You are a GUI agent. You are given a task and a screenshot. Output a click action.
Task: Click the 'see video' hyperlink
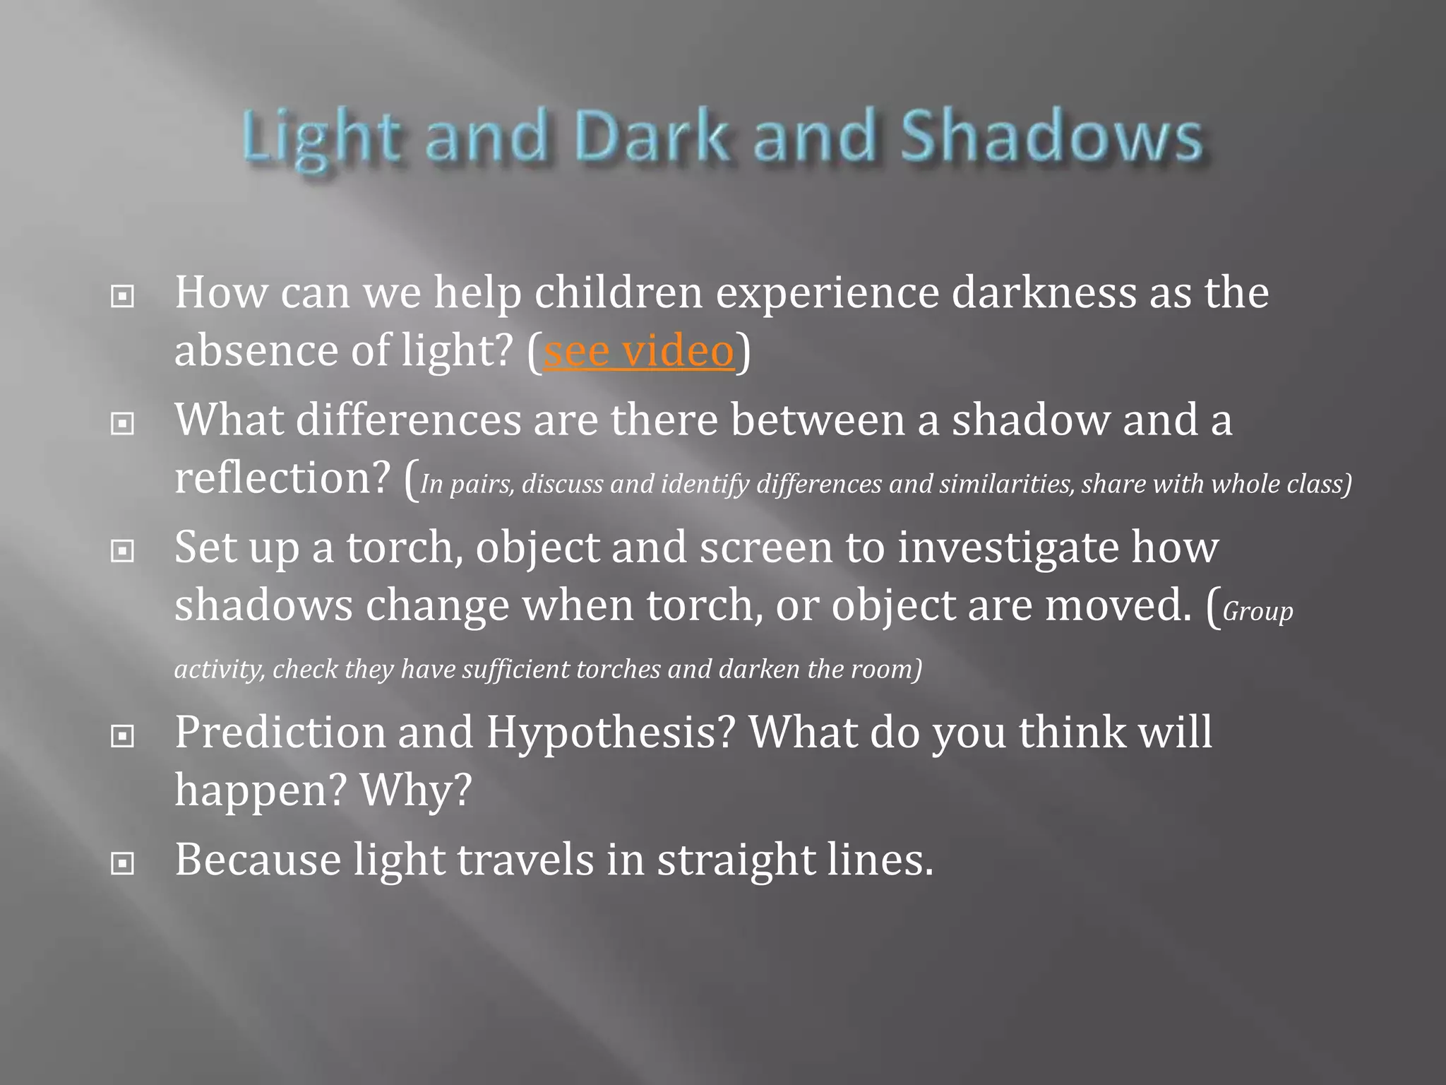coord(639,351)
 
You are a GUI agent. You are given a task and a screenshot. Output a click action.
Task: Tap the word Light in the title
coord(322,138)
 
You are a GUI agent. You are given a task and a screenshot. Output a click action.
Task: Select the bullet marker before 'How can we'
coord(123,297)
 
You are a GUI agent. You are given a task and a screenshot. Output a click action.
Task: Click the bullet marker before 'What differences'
coord(123,424)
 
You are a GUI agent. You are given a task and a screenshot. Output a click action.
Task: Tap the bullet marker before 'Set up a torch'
coord(123,551)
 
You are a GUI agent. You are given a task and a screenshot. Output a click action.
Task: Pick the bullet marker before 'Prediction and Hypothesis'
coord(123,737)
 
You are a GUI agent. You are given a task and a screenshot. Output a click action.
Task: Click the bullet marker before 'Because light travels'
coord(123,863)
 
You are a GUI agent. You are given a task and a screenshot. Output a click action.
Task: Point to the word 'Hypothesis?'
coord(611,733)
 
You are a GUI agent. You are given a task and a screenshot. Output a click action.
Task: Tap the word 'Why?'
coord(416,790)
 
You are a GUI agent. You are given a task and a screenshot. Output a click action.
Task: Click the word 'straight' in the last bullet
coord(735,860)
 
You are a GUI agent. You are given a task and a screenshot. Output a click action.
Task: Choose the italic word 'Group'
coord(1257,612)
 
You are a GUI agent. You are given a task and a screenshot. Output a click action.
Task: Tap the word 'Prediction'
coord(280,733)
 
